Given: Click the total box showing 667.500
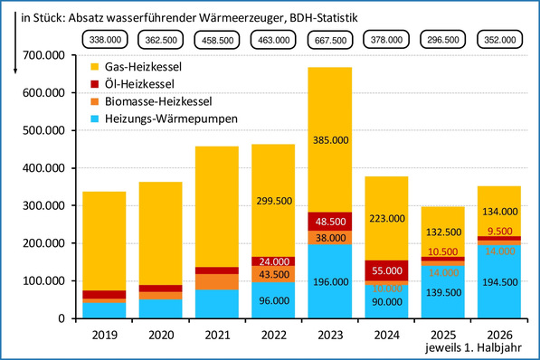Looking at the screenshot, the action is click(x=330, y=40).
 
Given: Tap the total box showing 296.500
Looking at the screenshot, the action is click(x=443, y=40).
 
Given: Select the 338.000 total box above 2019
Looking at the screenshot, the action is click(x=105, y=40).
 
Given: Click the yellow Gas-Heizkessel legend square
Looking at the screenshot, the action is click(x=94, y=67).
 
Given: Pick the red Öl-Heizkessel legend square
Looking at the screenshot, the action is click(x=94, y=84).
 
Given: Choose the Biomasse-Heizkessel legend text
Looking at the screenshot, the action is click(x=158, y=101).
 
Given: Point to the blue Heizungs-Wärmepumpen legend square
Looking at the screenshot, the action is click(x=94, y=118).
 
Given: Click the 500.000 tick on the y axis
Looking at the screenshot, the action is click(x=43, y=130).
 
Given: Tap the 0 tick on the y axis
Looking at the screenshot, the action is click(x=62, y=318).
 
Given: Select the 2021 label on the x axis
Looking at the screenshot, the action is click(x=217, y=335).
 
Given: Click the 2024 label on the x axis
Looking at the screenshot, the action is click(x=387, y=335).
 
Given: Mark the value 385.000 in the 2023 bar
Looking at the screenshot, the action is click(x=331, y=140).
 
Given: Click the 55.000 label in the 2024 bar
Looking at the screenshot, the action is click(x=387, y=270).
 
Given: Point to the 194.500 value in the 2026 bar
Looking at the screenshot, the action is click(x=499, y=282).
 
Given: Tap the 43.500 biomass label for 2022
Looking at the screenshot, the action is click(x=274, y=275).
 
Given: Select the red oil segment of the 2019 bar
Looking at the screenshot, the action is click(x=104, y=295).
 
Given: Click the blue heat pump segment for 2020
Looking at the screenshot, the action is click(x=160, y=308).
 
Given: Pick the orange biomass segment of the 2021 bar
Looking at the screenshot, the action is click(x=217, y=282).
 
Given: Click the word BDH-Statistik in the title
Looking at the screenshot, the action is click(x=324, y=17).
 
